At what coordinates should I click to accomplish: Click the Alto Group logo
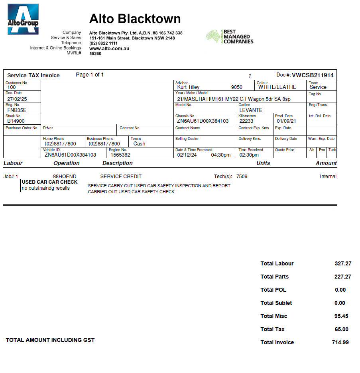pyautogui.click(x=23, y=19)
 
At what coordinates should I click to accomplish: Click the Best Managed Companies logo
pyautogui.click(x=230, y=37)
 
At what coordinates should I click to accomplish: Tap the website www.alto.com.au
pyautogui.click(x=109, y=49)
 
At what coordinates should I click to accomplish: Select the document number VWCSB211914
pyautogui.click(x=313, y=75)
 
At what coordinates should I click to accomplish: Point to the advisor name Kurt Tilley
pyautogui.click(x=188, y=87)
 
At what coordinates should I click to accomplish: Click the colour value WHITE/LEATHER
pyautogui.click(x=277, y=87)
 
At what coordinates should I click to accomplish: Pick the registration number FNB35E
pyautogui.click(x=17, y=110)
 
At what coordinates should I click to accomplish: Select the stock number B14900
pyautogui.click(x=16, y=121)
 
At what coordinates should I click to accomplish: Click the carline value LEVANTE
pyautogui.click(x=251, y=110)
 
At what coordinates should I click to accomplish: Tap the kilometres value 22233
pyautogui.click(x=246, y=121)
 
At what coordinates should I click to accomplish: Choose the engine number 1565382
pyautogui.click(x=120, y=155)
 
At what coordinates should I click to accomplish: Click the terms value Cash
pyautogui.click(x=139, y=143)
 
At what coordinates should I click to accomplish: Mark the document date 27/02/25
pyautogui.click(x=17, y=98)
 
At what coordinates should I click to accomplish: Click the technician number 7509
pyautogui.click(x=242, y=176)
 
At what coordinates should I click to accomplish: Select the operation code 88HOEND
pyautogui.click(x=65, y=176)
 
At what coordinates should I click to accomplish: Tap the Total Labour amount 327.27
pyautogui.click(x=343, y=263)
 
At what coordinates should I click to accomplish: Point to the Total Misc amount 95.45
pyautogui.click(x=341, y=316)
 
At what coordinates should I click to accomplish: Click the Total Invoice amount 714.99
pyautogui.click(x=340, y=342)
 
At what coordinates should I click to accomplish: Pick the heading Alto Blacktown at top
pyautogui.click(x=135, y=19)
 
